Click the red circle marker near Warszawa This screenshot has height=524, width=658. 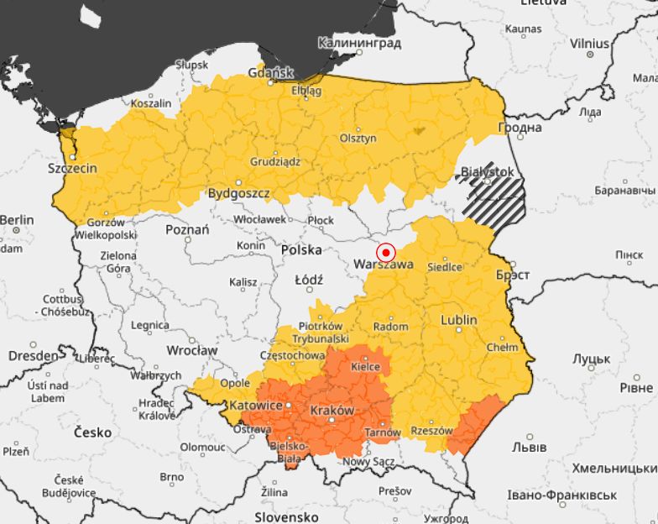(x=385, y=251)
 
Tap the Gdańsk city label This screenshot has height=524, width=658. (x=270, y=73)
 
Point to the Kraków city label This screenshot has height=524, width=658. (x=332, y=411)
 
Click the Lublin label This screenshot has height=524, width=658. (x=459, y=320)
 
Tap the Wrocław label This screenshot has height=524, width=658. (x=191, y=349)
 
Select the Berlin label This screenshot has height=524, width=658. (x=17, y=220)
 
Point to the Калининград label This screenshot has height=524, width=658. (x=359, y=43)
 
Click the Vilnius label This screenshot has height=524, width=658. (x=589, y=43)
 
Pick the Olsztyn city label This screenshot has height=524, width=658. (x=358, y=139)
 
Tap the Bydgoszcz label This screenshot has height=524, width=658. (x=239, y=193)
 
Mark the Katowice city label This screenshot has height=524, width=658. (x=256, y=406)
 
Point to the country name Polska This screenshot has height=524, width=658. (x=301, y=250)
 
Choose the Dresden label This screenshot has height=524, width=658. (x=34, y=355)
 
